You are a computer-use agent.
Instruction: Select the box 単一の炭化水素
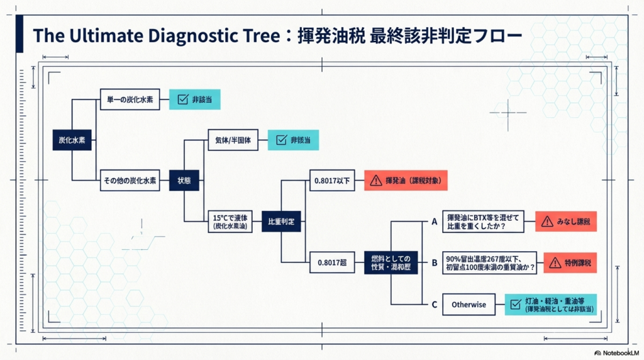tap(130, 99)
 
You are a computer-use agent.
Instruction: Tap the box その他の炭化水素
tap(130, 181)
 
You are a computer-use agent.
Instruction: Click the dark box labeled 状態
tap(184, 181)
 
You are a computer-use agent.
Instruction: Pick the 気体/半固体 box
tap(233, 140)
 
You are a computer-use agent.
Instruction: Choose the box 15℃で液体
tap(233, 221)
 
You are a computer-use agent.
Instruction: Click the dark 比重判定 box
tap(281, 222)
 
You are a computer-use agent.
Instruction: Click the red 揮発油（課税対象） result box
tap(409, 181)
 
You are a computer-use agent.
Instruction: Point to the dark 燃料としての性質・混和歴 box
tap(391, 262)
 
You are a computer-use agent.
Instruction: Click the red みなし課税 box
tap(565, 221)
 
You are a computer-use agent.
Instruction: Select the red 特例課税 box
tap(570, 262)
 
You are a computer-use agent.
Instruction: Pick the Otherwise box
tap(469, 305)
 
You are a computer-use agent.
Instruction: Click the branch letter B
tap(434, 262)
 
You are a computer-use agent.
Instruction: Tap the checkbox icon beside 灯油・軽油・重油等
tap(514, 305)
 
